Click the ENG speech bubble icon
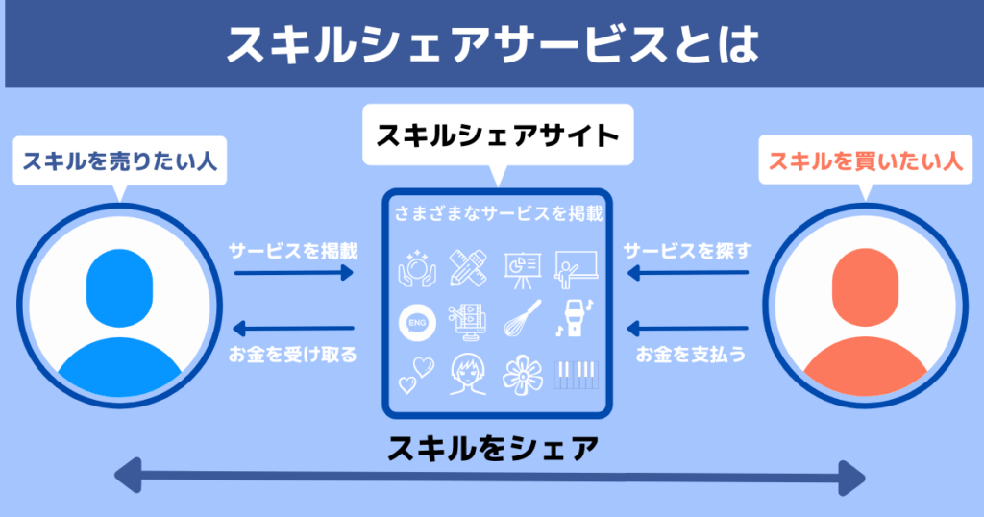(x=417, y=322)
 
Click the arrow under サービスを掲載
(x=294, y=274)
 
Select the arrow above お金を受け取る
(x=294, y=326)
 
